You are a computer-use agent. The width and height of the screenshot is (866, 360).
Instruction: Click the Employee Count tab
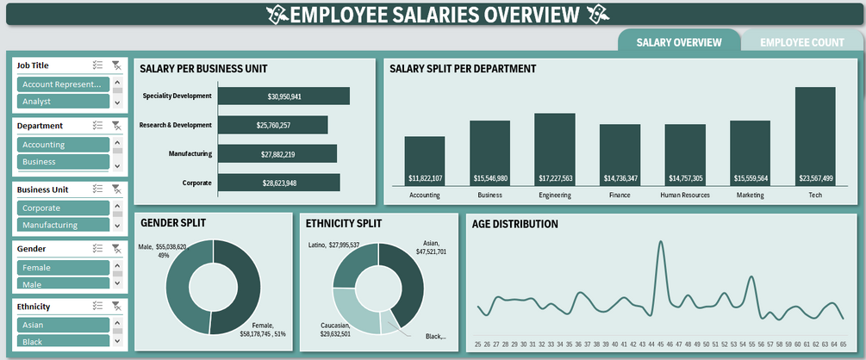point(802,42)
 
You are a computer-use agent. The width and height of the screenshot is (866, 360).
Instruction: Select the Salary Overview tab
point(679,42)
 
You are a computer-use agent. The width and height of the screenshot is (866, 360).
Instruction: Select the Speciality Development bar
point(284,96)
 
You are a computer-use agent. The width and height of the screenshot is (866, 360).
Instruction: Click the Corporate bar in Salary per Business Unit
point(279,183)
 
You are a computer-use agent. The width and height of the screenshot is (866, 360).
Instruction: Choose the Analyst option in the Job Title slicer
point(62,102)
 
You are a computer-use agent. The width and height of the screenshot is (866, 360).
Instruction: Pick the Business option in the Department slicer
point(62,162)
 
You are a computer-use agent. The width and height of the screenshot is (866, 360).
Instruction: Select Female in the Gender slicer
point(62,268)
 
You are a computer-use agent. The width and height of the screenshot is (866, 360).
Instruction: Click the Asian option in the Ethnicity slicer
point(62,326)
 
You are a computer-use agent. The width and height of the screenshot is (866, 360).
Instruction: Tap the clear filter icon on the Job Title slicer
point(116,65)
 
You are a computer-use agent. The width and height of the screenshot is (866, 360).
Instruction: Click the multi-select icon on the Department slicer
point(97,126)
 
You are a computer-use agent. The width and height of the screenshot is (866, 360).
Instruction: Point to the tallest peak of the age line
point(661,244)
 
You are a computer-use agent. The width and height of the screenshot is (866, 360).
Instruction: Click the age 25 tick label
point(477,344)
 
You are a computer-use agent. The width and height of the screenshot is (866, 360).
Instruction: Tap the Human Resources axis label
point(685,196)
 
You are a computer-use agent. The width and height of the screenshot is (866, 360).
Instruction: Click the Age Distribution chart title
point(515,224)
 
